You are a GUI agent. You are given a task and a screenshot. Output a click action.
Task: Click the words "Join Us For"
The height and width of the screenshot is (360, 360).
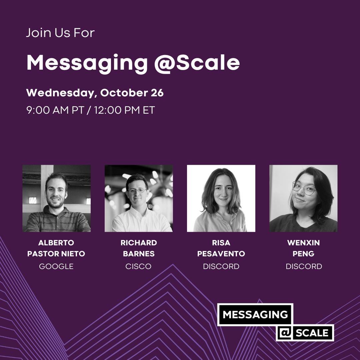tap(60, 33)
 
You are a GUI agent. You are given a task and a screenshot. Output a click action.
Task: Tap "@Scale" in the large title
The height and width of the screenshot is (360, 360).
tap(197, 63)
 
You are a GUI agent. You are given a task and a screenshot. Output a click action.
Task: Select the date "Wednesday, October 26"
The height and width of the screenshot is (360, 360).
tap(95, 93)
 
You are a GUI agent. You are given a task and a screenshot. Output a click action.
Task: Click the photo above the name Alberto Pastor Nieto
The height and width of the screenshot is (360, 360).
tap(56, 198)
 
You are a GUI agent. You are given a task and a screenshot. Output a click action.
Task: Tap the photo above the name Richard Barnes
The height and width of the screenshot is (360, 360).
tap(139, 198)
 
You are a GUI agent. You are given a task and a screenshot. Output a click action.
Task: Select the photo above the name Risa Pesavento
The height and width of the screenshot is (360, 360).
tap(221, 198)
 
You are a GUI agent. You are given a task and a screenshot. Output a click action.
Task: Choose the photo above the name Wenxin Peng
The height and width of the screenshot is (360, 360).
tap(303, 198)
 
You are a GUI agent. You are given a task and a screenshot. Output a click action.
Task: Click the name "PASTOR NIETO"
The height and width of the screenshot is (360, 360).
tap(56, 254)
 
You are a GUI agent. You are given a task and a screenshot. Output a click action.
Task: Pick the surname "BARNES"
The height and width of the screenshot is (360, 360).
tap(139, 254)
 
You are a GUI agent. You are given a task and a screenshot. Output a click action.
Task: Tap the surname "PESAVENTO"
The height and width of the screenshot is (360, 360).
tap(221, 254)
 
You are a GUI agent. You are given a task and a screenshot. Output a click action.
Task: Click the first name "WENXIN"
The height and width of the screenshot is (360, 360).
tap(303, 243)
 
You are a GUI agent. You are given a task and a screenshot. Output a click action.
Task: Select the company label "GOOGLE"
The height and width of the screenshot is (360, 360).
tap(56, 266)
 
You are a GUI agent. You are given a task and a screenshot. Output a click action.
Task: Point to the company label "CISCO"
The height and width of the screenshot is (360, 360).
tap(139, 266)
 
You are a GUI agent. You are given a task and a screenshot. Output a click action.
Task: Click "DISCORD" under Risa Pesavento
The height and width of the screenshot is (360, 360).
tap(221, 266)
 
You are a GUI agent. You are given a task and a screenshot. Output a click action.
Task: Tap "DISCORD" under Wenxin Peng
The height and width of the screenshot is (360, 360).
tap(304, 266)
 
